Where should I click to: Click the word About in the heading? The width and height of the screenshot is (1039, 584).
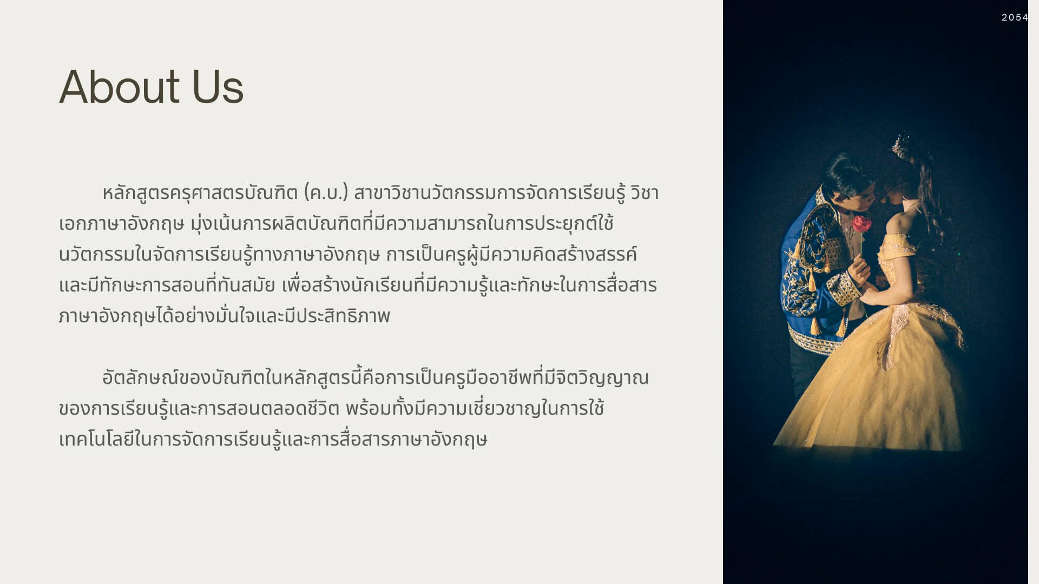click(119, 87)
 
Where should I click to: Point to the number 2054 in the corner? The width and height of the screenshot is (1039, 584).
click(1015, 17)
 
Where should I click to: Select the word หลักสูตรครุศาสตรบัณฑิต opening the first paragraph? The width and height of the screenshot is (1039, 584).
click(200, 193)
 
